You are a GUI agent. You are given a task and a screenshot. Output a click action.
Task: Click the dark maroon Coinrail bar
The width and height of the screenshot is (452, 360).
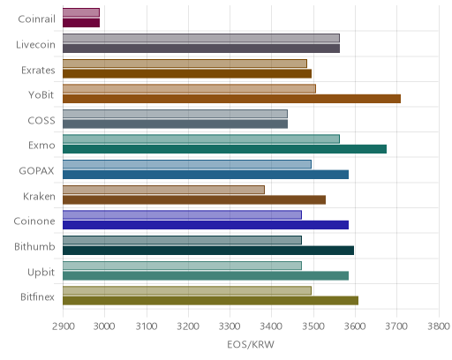coord(81,23)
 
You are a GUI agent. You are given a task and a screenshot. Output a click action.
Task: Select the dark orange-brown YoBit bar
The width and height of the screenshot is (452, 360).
coord(231,99)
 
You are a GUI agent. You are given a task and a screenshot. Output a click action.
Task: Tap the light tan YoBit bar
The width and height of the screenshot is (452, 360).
coord(189,89)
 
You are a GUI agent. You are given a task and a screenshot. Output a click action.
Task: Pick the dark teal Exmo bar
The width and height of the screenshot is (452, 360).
coord(224,149)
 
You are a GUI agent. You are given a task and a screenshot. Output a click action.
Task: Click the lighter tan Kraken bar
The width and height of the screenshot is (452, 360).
coord(163,190)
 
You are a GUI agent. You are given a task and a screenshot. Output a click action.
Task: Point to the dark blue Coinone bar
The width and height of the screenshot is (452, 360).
coord(206,225)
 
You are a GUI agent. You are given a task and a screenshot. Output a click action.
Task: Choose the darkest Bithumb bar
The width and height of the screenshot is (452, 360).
coord(208,251)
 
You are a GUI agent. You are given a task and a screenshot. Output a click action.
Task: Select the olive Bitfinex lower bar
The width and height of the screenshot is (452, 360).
coord(210,301)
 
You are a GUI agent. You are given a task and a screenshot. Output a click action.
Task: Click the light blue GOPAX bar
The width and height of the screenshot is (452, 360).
coord(187,164)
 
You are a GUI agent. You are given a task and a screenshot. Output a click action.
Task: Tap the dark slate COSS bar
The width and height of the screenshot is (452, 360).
coord(175,124)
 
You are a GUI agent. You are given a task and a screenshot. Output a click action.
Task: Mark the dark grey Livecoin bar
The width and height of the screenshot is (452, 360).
coord(201,49)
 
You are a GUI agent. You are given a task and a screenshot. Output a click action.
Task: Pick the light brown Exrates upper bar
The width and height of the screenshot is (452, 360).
coord(185,64)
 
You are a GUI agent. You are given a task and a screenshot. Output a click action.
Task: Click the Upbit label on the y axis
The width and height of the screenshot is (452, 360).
coord(41,273)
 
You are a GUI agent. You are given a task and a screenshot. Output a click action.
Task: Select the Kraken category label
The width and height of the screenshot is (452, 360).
coord(39,196)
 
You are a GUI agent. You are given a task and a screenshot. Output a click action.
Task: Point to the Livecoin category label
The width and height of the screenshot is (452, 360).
coord(35,45)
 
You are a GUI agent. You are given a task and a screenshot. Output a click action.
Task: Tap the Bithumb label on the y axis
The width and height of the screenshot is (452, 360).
coord(34,246)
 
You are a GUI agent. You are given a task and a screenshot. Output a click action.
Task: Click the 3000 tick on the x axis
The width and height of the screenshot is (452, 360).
coord(104,326)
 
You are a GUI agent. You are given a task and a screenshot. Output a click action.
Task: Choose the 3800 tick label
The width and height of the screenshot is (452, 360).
coord(439,326)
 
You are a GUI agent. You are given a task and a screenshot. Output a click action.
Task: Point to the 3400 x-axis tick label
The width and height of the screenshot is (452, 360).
coord(271,326)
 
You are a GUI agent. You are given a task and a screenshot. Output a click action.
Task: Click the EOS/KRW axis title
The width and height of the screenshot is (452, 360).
coord(251,344)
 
